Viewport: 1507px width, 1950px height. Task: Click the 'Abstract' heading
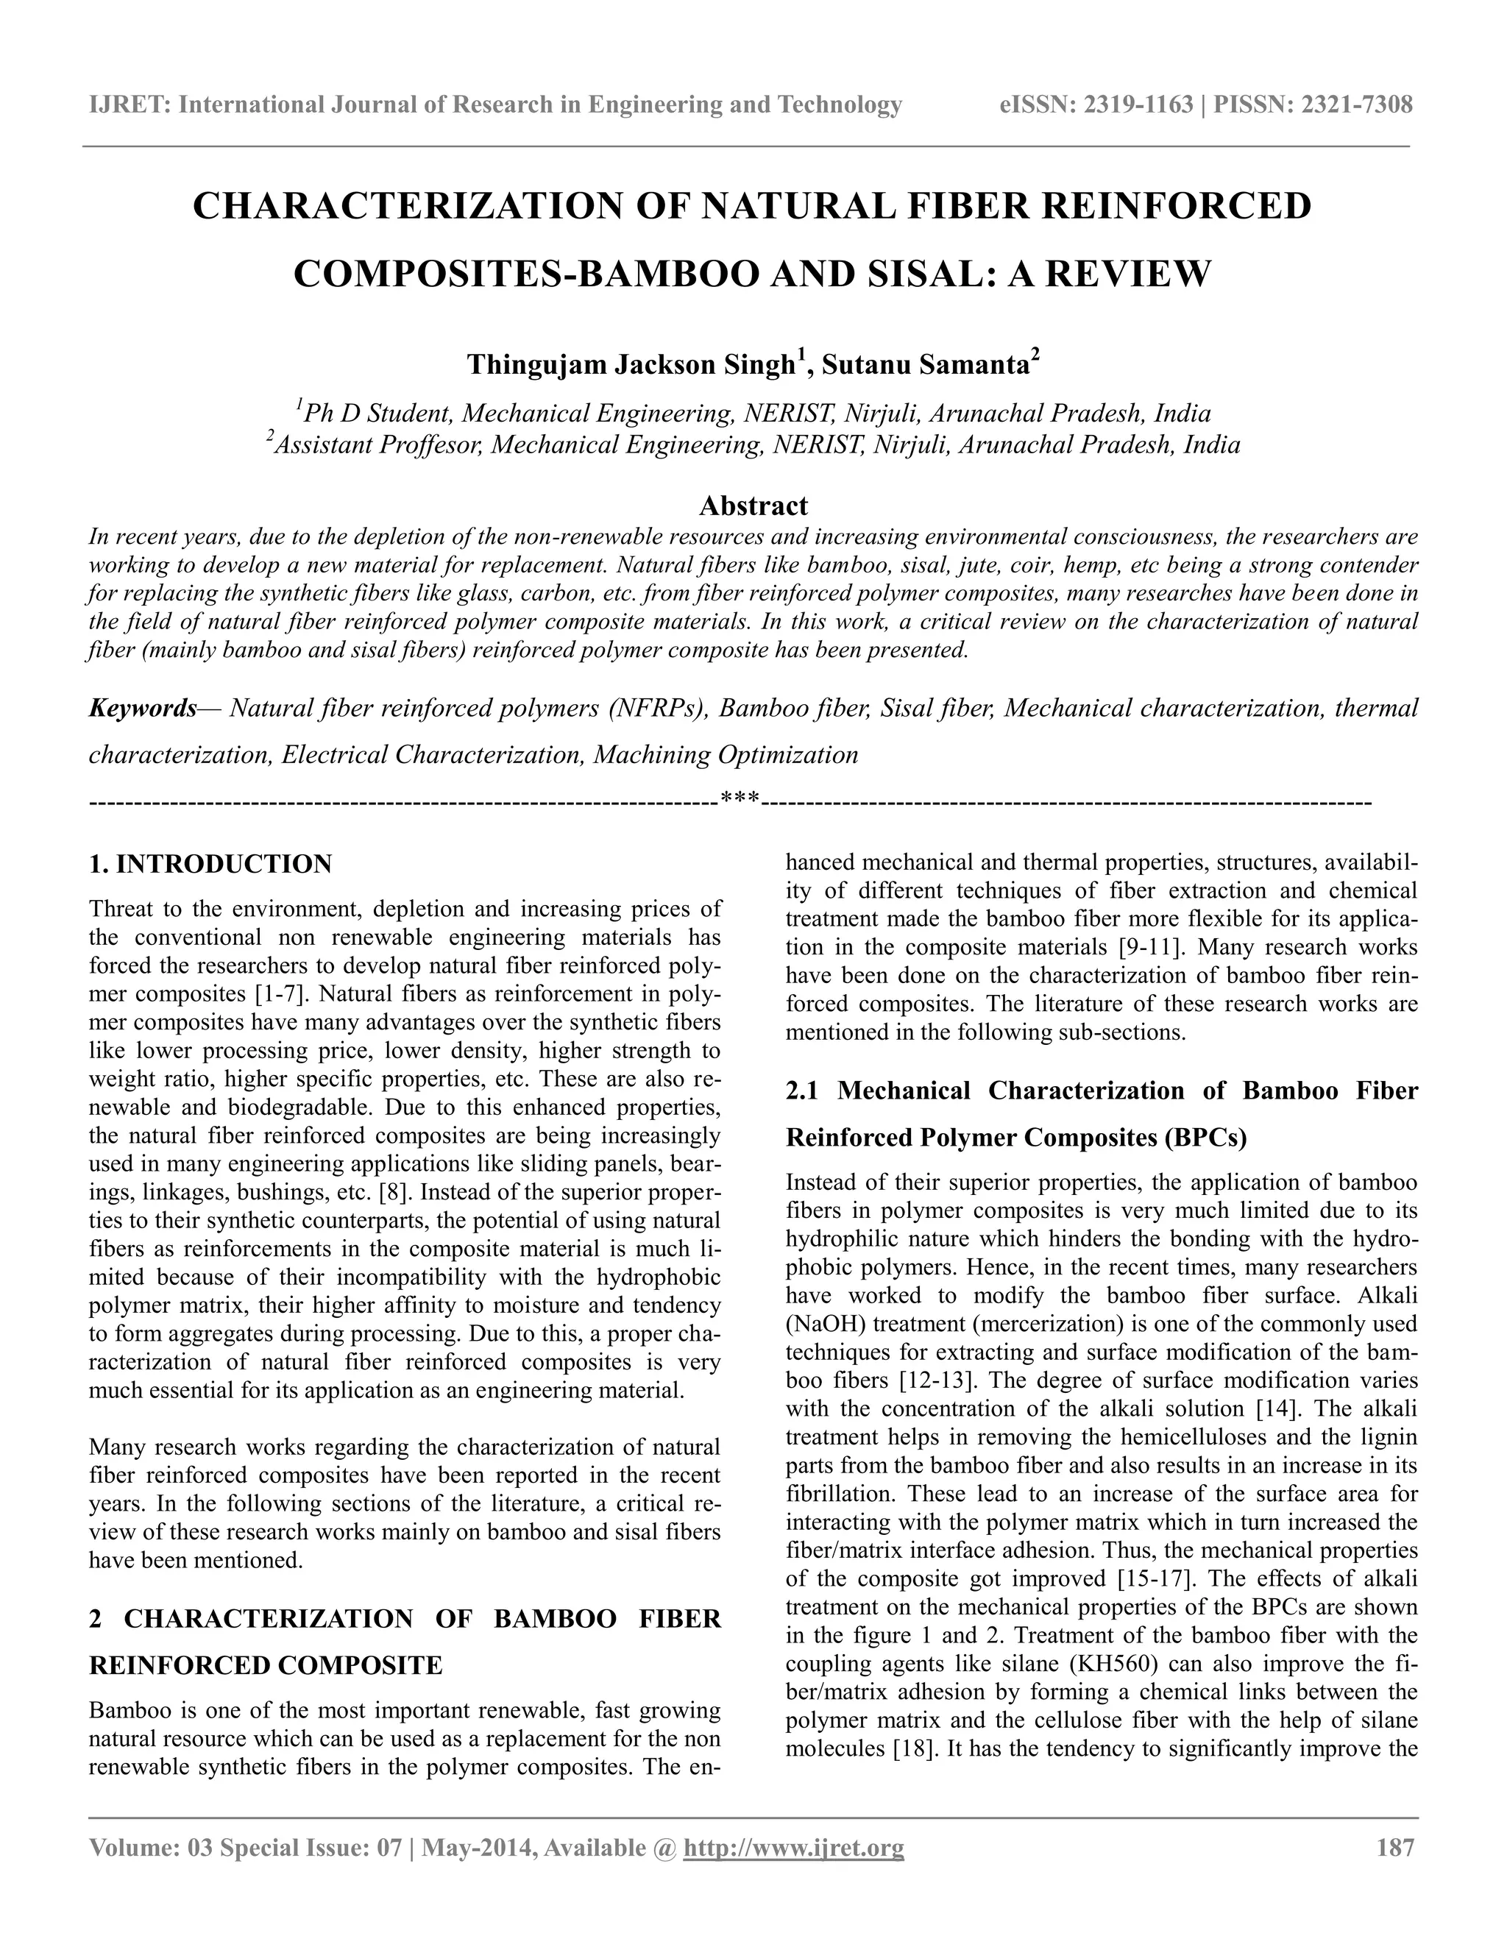pos(753,506)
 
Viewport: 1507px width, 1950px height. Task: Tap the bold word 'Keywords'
pos(142,708)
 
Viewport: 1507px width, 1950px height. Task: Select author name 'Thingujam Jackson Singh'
pos(631,365)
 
